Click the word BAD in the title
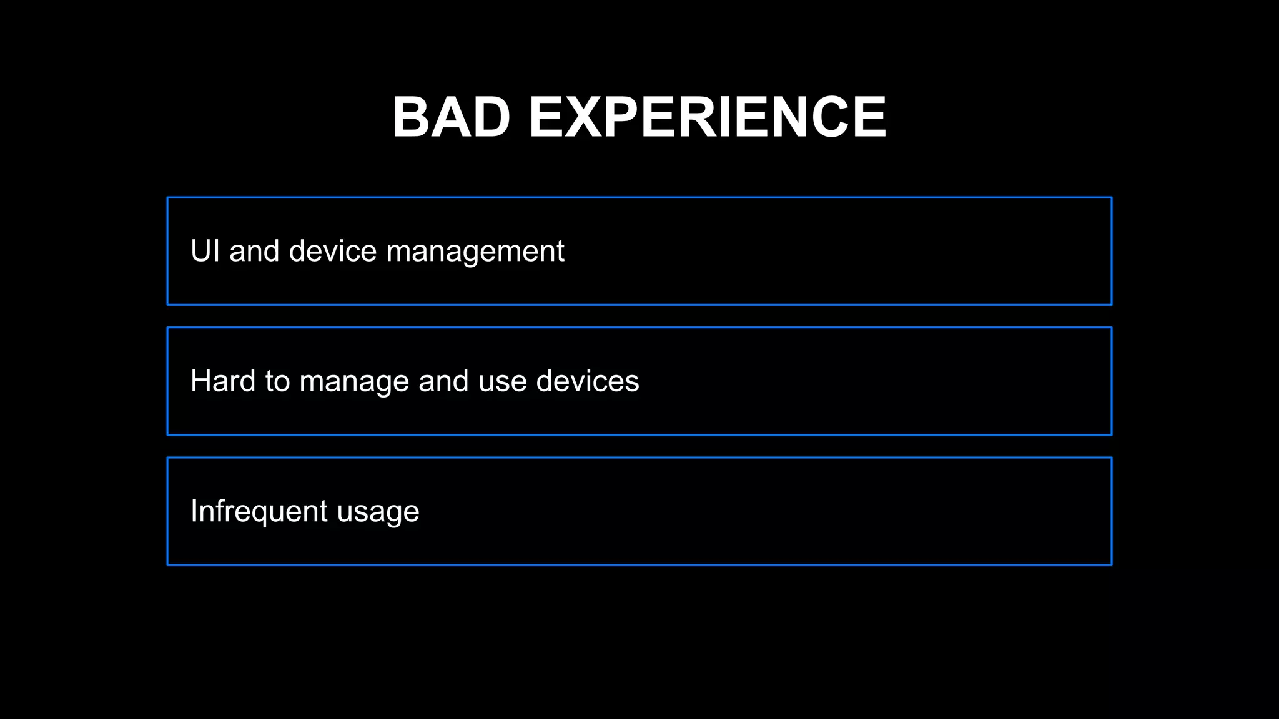click(451, 117)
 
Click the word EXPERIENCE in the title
click(708, 117)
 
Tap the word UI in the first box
click(205, 251)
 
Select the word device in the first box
click(333, 251)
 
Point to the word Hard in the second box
click(223, 381)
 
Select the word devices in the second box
click(588, 381)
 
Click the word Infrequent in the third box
click(259, 511)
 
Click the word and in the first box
click(254, 251)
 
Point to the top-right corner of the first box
click(1112, 198)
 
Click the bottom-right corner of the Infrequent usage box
click(1112, 565)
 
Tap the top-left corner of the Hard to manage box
click(168, 328)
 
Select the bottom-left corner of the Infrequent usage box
click(168, 565)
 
